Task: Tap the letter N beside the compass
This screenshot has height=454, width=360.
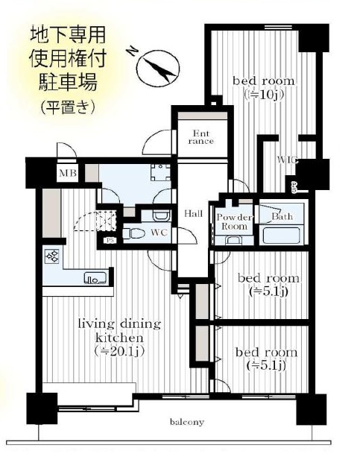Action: coord(132,51)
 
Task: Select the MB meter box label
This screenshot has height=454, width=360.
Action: coord(68,173)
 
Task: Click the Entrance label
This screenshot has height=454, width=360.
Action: coord(200,137)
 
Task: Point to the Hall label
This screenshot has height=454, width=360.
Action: coord(194,214)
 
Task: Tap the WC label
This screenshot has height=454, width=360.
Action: coord(159,233)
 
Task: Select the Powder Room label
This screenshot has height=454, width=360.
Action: coord(234,221)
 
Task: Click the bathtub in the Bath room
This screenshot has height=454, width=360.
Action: coord(280,236)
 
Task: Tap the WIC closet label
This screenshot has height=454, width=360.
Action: coord(287,160)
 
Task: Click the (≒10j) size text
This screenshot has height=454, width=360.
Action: coord(264,95)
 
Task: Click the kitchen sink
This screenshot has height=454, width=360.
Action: coord(95,278)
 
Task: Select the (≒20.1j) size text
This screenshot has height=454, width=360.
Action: coord(119,351)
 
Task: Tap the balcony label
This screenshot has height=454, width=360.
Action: coord(186,422)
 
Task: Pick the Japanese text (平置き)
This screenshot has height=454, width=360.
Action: coord(68,107)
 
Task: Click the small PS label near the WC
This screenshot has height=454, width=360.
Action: coord(110,240)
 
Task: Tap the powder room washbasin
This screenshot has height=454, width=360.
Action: coord(234,240)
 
